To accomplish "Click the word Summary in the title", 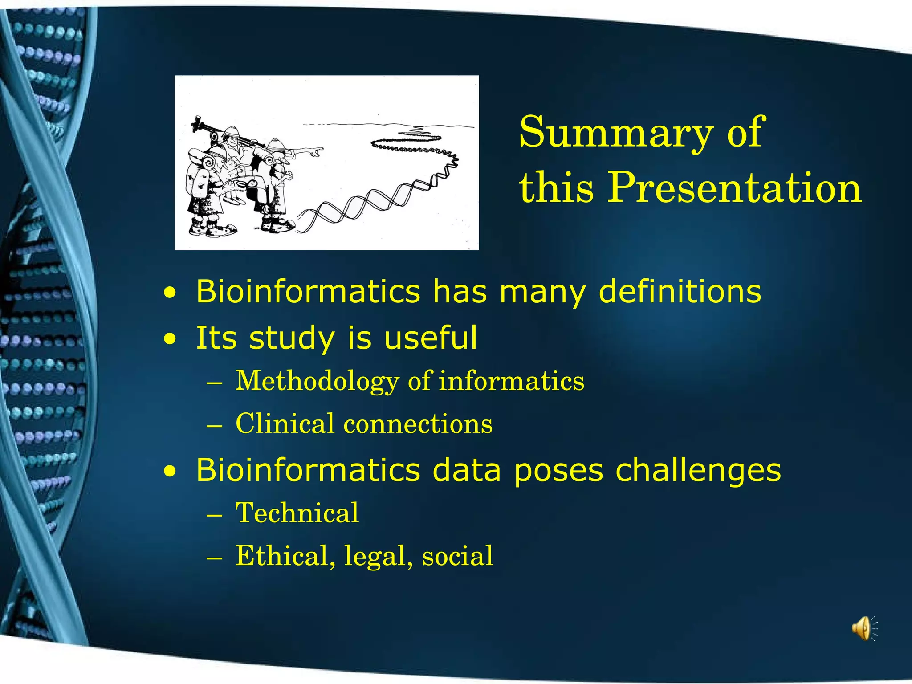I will (x=616, y=132).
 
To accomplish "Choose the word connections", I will (x=418, y=424).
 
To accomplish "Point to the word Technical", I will (x=297, y=513).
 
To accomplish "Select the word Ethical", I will (x=281, y=556).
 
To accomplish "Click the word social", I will (x=457, y=557).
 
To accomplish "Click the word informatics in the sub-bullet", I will (x=512, y=381).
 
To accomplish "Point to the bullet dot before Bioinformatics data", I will (x=169, y=472).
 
